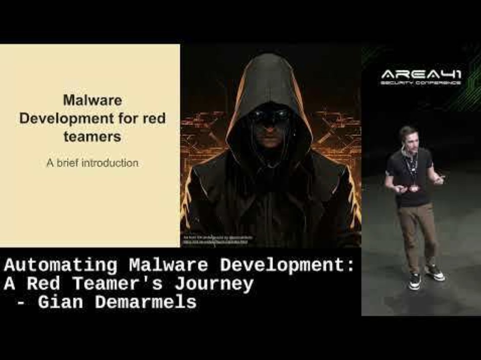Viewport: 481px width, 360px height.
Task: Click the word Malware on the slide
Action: click(x=92, y=100)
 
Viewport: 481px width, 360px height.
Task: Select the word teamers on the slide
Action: click(x=92, y=136)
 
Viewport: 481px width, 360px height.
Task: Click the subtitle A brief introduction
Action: click(x=92, y=163)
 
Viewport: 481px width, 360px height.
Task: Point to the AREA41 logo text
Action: click(x=421, y=75)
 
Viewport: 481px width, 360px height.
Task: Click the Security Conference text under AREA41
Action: click(x=421, y=83)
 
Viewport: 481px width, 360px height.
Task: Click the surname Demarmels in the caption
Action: click(x=146, y=302)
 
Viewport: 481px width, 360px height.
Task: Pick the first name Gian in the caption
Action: click(x=60, y=302)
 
